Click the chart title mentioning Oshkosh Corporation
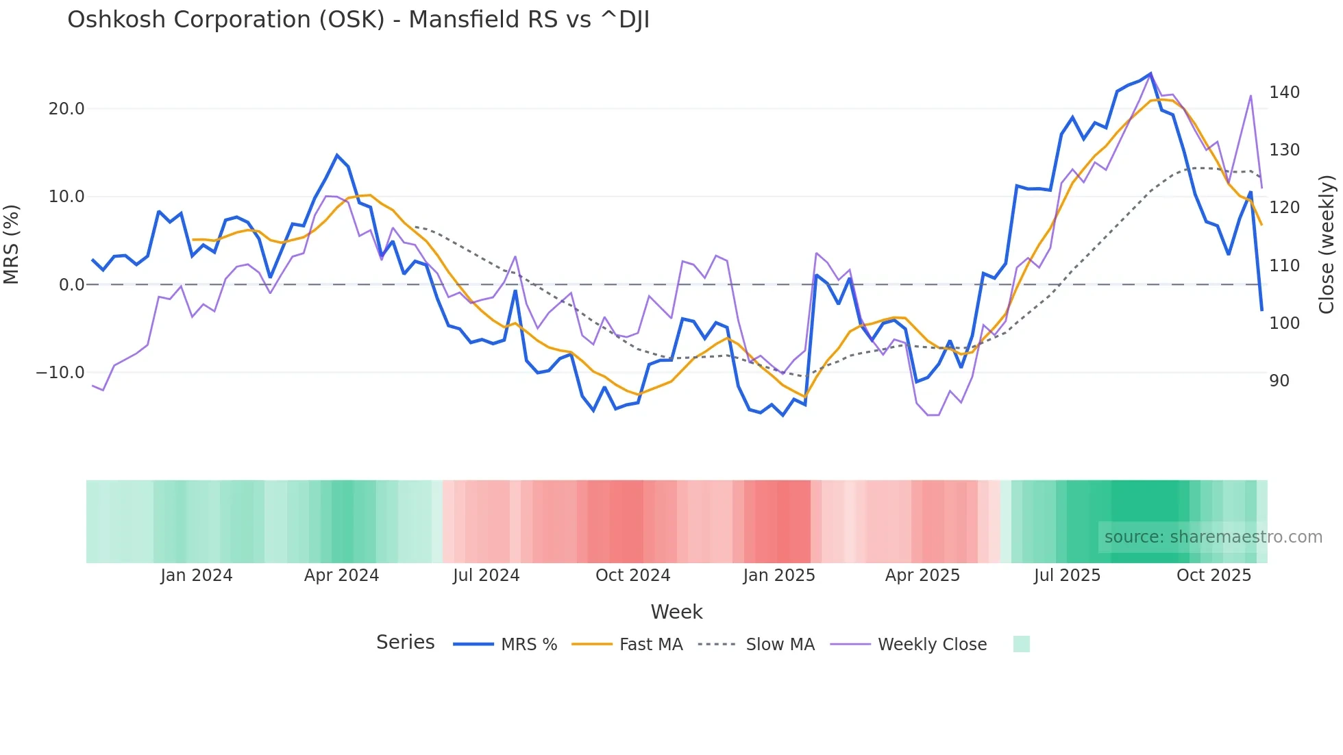358,20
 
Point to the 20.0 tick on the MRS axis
66,109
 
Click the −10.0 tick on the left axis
60,373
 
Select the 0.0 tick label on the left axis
72,285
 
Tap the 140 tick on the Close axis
1284,92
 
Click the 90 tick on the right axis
1279,381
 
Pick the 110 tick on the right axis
1284,266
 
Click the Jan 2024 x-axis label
197,575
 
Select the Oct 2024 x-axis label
632,575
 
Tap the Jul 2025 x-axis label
1067,575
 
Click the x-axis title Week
676,612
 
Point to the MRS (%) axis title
12,244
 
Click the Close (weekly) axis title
1327,244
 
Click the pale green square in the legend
1021,644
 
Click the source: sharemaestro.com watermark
1213,537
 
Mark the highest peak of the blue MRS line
1150,73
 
